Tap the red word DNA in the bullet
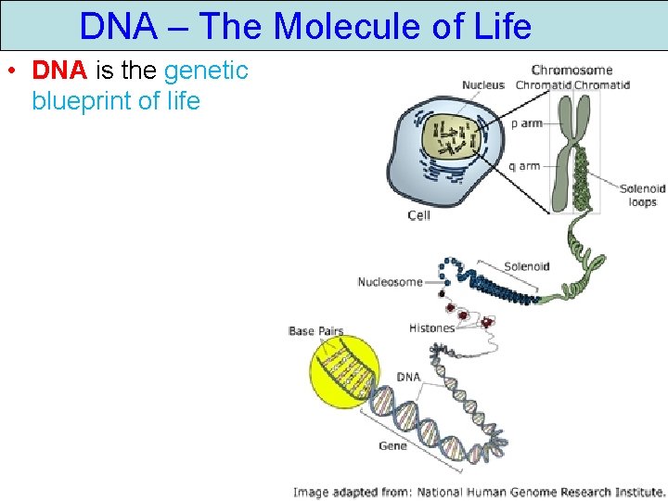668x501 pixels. click(x=60, y=71)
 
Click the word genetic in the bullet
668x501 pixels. click(x=206, y=71)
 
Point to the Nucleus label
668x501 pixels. click(x=482, y=85)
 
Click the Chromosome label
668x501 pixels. click(x=572, y=70)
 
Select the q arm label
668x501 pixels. click(x=524, y=166)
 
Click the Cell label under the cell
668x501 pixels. click(x=419, y=215)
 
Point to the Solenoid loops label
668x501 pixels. click(x=642, y=195)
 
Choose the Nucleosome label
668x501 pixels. click(x=390, y=282)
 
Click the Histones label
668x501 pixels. click(x=431, y=328)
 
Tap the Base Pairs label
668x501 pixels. click(x=315, y=330)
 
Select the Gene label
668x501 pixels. click(x=392, y=445)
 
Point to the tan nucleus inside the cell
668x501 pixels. click(x=450, y=137)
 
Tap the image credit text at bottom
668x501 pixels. click(x=479, y=492)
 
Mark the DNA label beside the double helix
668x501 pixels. click(x=408, y=377)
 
